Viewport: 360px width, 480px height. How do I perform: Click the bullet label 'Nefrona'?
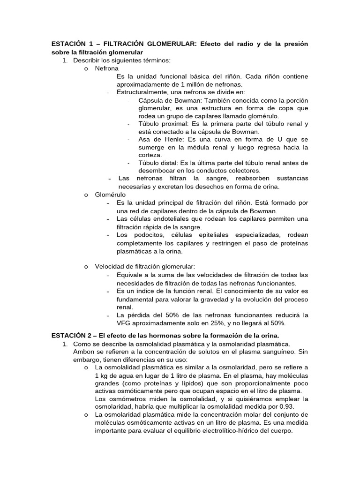click(x=106, y=68)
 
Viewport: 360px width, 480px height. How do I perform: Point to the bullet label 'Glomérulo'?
click(x=110, y=195)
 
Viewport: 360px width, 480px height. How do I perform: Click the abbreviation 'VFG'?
click(x=124, y=323)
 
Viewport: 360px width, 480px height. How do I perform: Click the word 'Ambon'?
click(x=83, y=351)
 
